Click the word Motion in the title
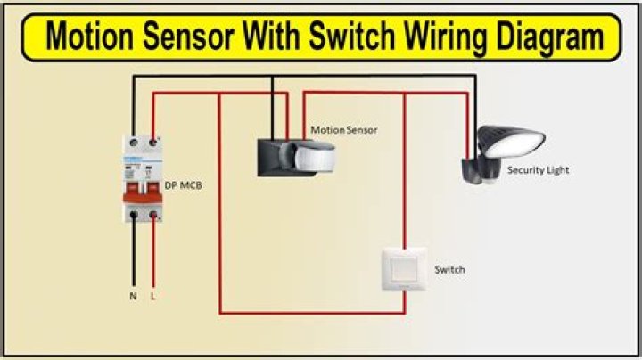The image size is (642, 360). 93,37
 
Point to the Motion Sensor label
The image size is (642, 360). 343,130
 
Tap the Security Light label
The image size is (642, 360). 538,169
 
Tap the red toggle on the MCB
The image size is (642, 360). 144,189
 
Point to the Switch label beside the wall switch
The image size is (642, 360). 449,269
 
